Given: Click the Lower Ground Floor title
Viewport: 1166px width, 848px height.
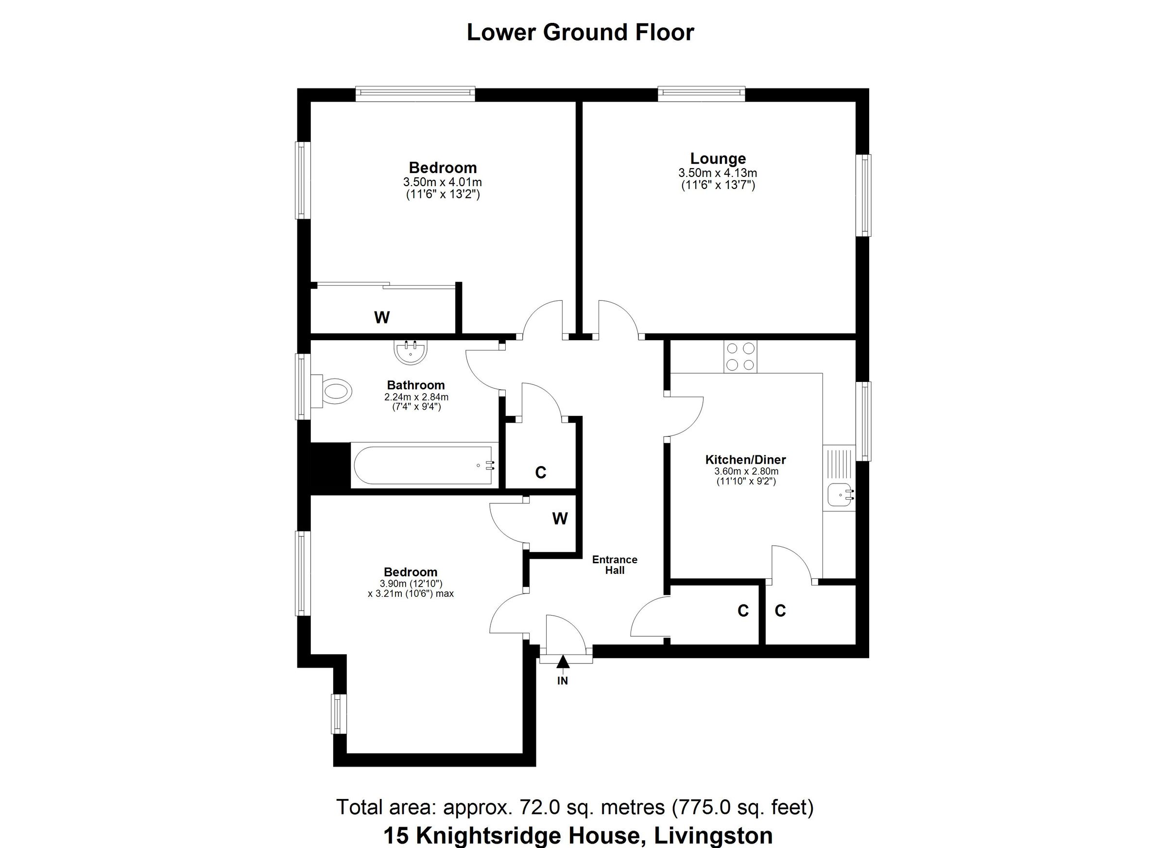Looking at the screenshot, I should pos(580,33).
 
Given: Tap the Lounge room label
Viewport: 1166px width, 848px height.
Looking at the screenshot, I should pos(718,158).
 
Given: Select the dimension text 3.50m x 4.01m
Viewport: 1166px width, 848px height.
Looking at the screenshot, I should pos(442,182).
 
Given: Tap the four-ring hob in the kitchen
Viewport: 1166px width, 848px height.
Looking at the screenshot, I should pos(740,357).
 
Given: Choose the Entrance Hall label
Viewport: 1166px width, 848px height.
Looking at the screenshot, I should pos(615,565).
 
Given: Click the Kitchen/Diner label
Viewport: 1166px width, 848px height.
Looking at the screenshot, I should pos(745,460).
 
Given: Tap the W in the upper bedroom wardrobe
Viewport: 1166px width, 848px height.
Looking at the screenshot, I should pos(381,318).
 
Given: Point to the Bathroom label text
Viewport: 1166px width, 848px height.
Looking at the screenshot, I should pos(415,385).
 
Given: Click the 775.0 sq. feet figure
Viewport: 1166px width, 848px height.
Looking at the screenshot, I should pos(742,807).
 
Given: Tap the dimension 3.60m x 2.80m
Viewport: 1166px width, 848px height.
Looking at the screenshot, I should pos(746,471).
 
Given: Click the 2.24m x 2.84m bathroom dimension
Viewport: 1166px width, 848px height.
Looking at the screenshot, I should pos(416,397).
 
